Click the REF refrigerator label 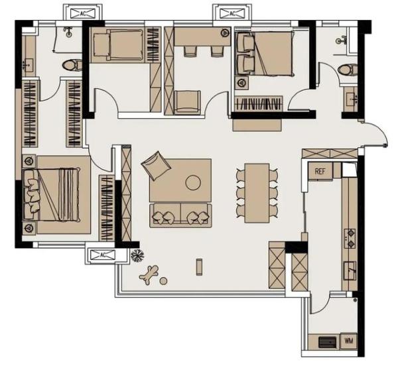pos(320,171)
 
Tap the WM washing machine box pos(349,341)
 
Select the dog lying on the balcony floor pos(149,275)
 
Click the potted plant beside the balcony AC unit pos(137,256)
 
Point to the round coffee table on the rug pos(193,182)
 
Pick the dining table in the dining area pos(257,193)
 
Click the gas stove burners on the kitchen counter pos(350,239)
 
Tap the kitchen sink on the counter pos(350,271)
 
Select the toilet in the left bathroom pos(72,65)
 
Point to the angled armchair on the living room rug pos(156,165)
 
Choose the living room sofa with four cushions pos(180,215)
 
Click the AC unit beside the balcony pos(103,255)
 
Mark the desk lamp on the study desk pos(224,32)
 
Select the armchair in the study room pos(188,101)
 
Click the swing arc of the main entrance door pos(379,129)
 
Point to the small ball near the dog pos(163,280)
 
